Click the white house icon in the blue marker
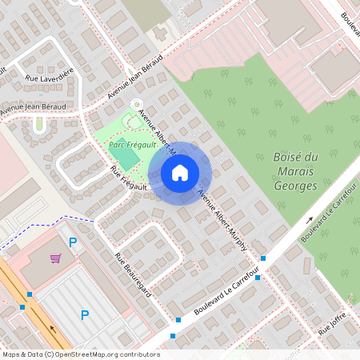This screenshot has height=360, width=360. [x=180, y=172]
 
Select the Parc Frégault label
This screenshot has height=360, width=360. [x=128, y=146]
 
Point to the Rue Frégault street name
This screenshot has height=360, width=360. [x=129, y=178]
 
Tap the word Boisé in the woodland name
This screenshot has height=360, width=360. [x=290, y=157]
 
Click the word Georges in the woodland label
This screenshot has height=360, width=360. [x=295, y=186]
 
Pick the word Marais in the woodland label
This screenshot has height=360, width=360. [x=295, y=171]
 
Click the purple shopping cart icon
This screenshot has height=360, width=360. [x=55, y=258]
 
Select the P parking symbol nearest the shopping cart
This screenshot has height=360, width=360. [x=73, y=242]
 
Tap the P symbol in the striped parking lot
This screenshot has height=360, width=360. [x=85, y=315]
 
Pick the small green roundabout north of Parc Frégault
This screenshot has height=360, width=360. [x=136, y=104]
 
